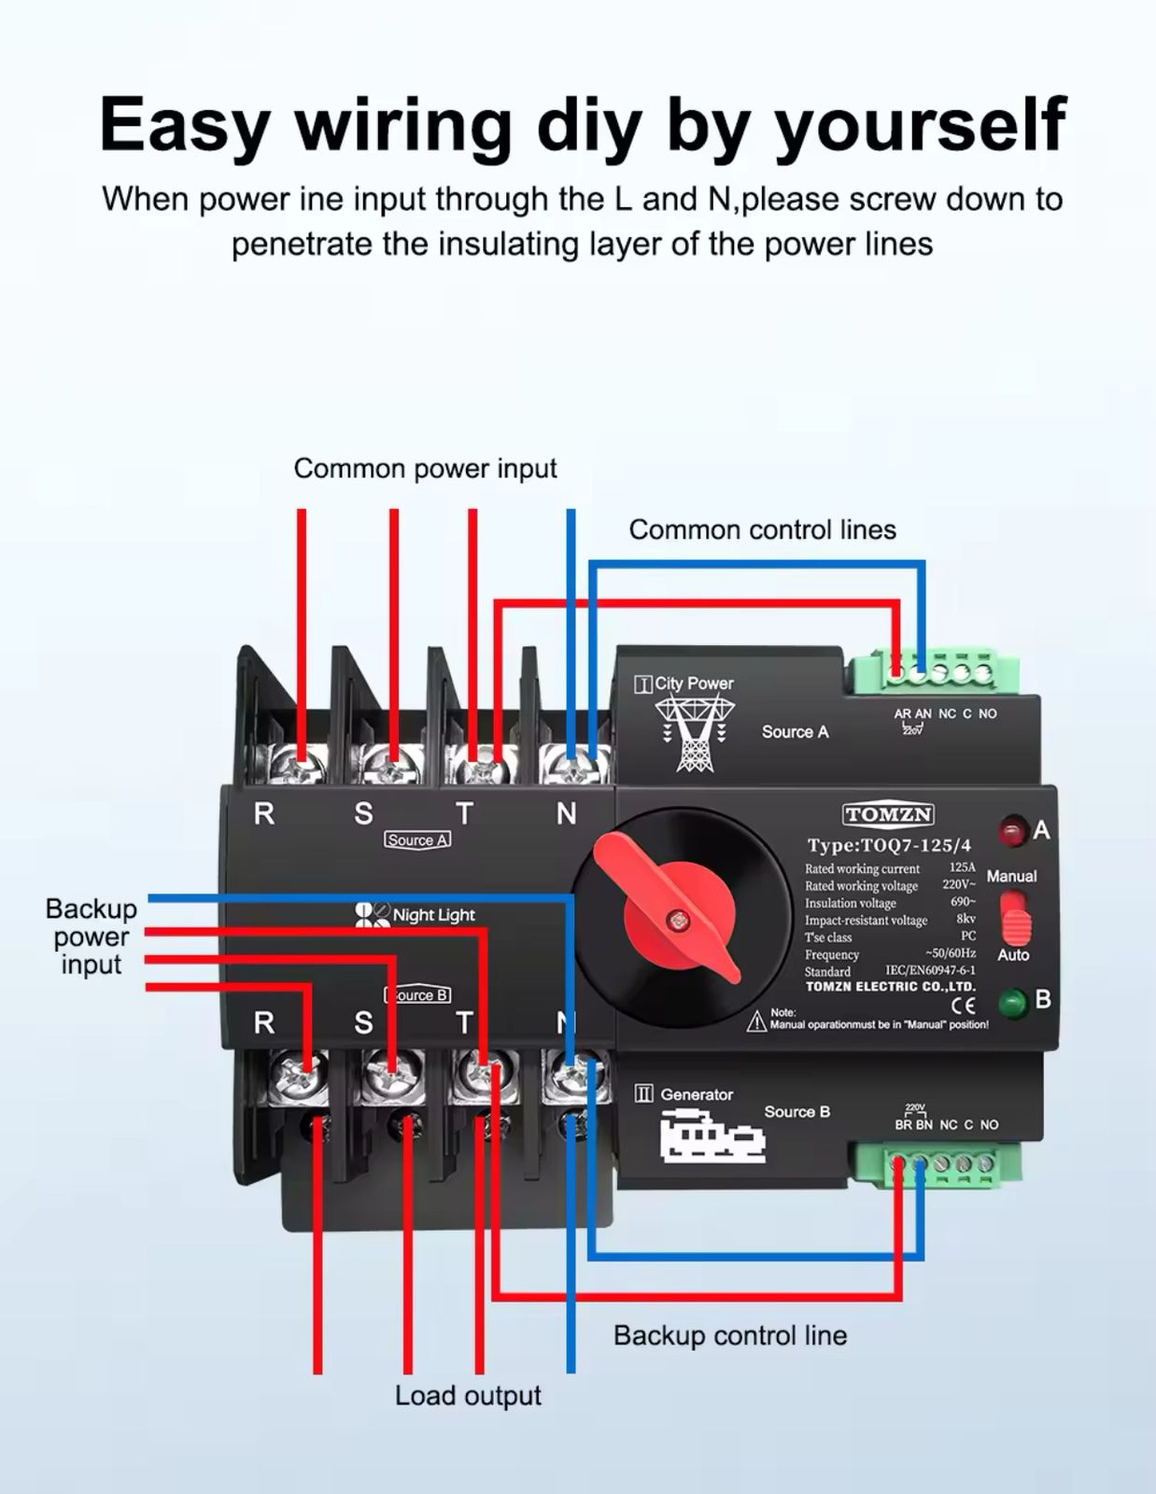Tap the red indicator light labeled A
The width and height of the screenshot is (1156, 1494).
point(1012,830)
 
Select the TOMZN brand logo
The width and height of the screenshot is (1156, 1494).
point(888,815)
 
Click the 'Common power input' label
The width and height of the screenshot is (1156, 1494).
point(425,469)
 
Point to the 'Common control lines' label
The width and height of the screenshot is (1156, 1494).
point(762,530)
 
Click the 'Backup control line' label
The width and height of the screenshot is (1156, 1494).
point(729,1336)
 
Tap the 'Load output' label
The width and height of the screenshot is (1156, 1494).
point(468,1396)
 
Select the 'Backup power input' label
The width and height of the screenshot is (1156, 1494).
point(92,937)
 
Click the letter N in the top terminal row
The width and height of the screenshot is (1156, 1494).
point(566,814)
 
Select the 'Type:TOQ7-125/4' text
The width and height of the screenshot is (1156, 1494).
point(889,846)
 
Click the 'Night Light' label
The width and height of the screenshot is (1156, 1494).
point(433,915)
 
